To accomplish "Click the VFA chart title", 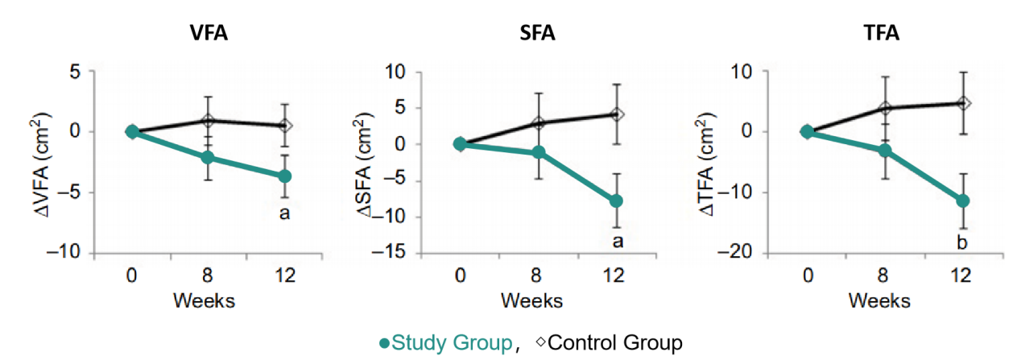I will (207, 34).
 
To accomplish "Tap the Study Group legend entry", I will (446, 343).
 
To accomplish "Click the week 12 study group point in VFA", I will (284, 176).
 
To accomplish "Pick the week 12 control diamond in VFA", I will (284, 126).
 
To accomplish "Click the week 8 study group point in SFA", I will (538, 152).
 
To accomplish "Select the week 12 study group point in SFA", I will (614, 201).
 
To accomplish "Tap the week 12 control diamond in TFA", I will (961, 103).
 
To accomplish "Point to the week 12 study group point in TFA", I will (961, 201).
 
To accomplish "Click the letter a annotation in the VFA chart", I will (284, 215).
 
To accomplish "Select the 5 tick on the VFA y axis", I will (77, 72).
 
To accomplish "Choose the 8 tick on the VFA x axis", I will (207, 276).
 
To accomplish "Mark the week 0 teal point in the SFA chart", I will (460, 144).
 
